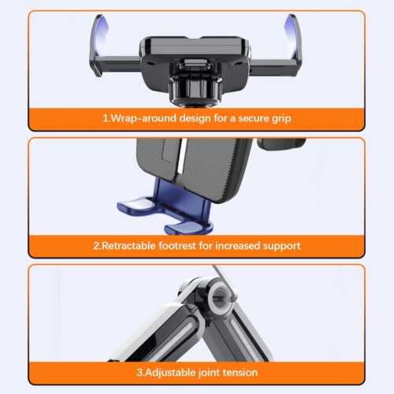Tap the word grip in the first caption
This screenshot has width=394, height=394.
pyautogui.click(x=281, y=119)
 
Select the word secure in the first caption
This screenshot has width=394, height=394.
pyautogui.click(x=253, y=118)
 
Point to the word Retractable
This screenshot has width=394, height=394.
pyautogui.click(x=128, y=246)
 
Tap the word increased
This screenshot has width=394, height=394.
pyautogui.click(x=237, y=246)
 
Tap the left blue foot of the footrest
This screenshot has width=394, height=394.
pyautogui.click(x=136, y=206)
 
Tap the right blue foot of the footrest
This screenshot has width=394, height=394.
pyautogui.click(x=184, y=227)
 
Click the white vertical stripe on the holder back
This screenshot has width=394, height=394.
pyautogui.click(x=182, y=156)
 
